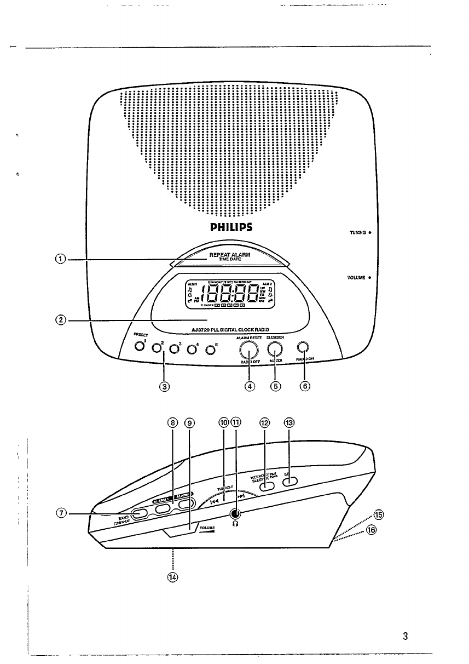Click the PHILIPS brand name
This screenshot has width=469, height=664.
[x=230, y=227]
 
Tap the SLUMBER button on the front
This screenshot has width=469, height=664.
[x=276, y=349]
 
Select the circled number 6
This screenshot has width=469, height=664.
[x=305, y=386]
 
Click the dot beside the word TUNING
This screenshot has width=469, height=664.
[x=370, y=233]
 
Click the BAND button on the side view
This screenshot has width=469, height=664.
[x=140, y=513]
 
